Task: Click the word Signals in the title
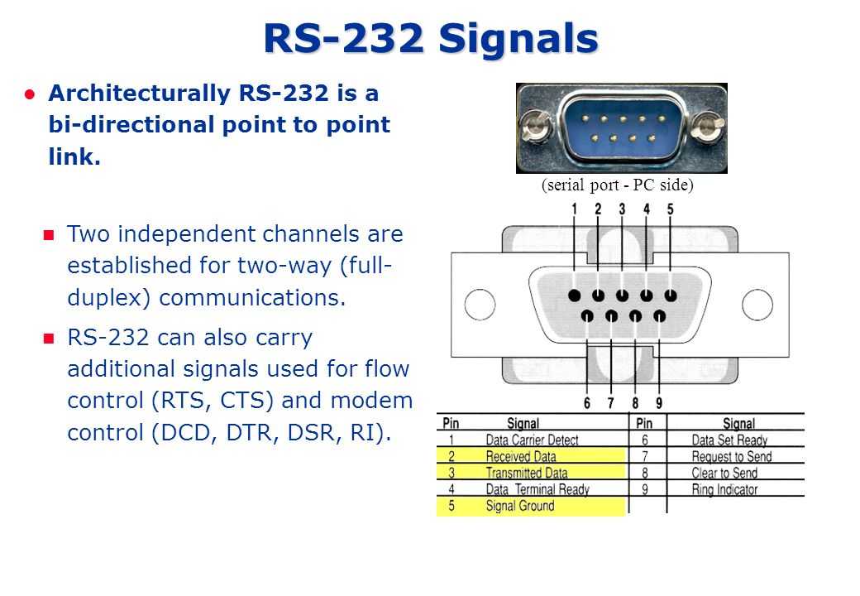pos(518,38)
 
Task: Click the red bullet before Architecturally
pos(30,94)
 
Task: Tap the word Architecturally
pos(139,94)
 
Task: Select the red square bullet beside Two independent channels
pos(49,235)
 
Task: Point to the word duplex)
pos(108,298)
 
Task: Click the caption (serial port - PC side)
pos(617,185)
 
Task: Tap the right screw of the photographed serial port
pos(709,127)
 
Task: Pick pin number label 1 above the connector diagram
pos(574,209)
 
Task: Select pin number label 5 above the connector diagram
pos(671,209)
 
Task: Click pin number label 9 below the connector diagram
pos(659,403)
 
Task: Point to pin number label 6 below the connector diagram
pos(587,403)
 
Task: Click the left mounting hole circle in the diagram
pos(480,305)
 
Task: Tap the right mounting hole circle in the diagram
pos(757,305)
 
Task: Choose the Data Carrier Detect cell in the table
pos(532,440)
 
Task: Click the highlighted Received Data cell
pos(521,456)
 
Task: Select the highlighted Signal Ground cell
pos(520,506)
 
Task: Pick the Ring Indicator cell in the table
pos(724,489)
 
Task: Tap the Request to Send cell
pos(732,457)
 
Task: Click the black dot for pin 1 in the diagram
pos(574,296)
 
